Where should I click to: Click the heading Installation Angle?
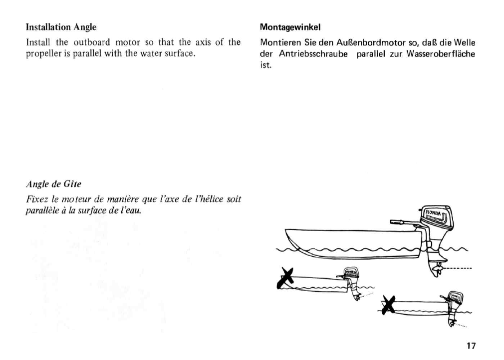point(61,27)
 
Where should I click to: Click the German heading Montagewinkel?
point(290,27)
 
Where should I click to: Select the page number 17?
point(471,345)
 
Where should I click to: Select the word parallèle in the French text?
point(41,211)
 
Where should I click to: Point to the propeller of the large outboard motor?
point(435,270)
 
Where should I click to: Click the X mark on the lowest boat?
point(389,304)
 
